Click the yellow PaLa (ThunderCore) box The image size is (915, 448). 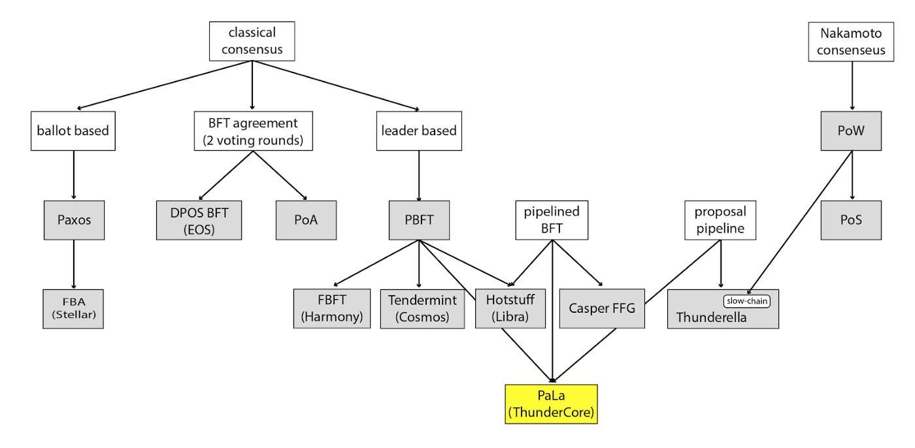pyautogui.click(x=551, y=404)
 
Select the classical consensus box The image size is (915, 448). pyautogui.click(x=252, y=40)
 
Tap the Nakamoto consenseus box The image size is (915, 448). pyautogui.click(x=851, y=41)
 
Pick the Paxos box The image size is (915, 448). pyautogui.click(x=73, y=219)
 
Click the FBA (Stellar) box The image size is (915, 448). pyautogui.click(x=73, y=308)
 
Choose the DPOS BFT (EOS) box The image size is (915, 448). pyautogui.click(x=199, y=219)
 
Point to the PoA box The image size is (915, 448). pyautogui.click(x=307, y=219)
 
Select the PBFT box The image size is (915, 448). pyautogui.click(x=418, y=219)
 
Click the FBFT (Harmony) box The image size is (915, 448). pyautogui.click(x=332, y=308)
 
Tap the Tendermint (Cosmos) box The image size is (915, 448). pyautogui.click(x=422, y=308)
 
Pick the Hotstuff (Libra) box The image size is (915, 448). pyautogui.click(x=510, y=308)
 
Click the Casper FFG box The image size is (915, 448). pyautogui.click(x=602, y=308)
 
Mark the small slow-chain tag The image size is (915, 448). pyautogui.click(x=746, y=301)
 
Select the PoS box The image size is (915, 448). pyautogui.click(x=852, y=219)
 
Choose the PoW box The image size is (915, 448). pyautogui.click(x=852, y=130)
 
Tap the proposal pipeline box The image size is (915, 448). pyautogui.click(x=720, y=220)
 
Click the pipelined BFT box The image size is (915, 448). pyautogui.click(x=552, y=220)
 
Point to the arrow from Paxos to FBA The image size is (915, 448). pyautogui.click(x=73, y=264)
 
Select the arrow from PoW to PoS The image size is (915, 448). pyautogui.click(x=852, y=175)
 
